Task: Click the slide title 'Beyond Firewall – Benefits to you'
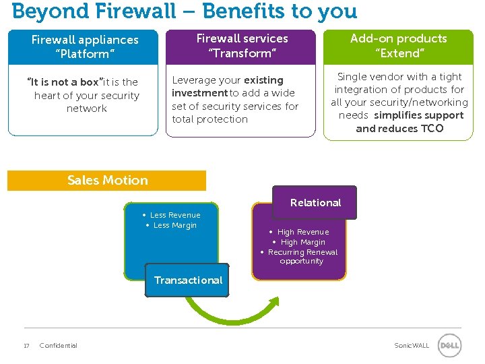pos(185,11)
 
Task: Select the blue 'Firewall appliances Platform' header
pos(85,47)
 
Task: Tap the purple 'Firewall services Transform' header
pos(242,46)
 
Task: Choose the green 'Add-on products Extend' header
pos(398,46)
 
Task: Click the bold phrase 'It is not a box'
pos(62,82)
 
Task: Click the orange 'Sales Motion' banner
pos(107,181)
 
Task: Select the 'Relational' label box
pos(315,203)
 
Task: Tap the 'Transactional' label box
pos(188,280)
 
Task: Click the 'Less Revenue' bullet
pos(174,215)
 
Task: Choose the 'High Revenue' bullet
pos(302,232)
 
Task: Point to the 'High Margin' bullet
pos(302,242)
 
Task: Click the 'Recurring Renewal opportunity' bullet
pos(302,257)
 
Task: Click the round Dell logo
pos(449,346)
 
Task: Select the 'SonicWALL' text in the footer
pos(411,346)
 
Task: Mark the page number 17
pos(26,346)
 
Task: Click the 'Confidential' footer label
pos(59,346)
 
